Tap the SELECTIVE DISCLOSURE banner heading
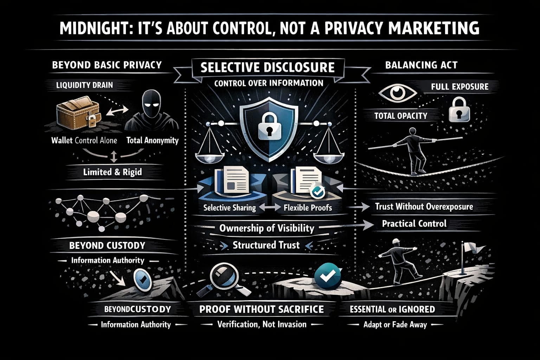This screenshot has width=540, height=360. coord(268,67)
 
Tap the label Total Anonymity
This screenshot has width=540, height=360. coord(152,141)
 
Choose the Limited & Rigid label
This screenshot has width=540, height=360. coord(112,172)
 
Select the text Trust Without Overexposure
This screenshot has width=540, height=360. coord(424,206)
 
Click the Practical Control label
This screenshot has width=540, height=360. coord(414,224)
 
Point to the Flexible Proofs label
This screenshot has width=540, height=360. coord(308,207)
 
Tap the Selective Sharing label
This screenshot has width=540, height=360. coord(230,207)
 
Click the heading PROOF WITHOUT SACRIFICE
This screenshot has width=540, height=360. coord(261,309)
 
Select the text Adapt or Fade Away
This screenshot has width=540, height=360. coord(395,324)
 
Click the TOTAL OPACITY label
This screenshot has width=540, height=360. coord(401,116)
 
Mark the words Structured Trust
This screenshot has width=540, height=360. coord(266,245)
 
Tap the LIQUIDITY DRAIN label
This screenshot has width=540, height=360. coord(85,85)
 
